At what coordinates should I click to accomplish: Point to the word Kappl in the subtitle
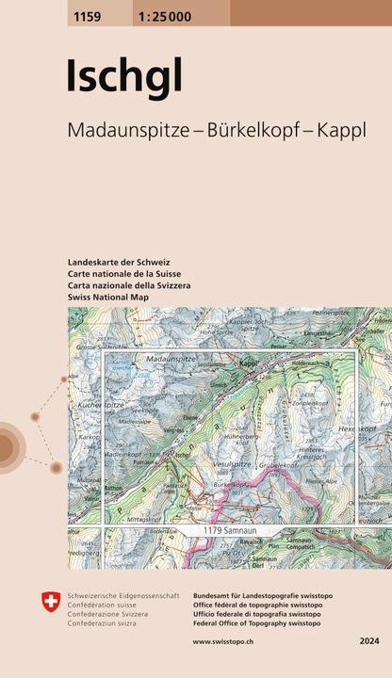click(x=342, y=134)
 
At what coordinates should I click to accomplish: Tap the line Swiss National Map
click(x=109, y=297)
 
